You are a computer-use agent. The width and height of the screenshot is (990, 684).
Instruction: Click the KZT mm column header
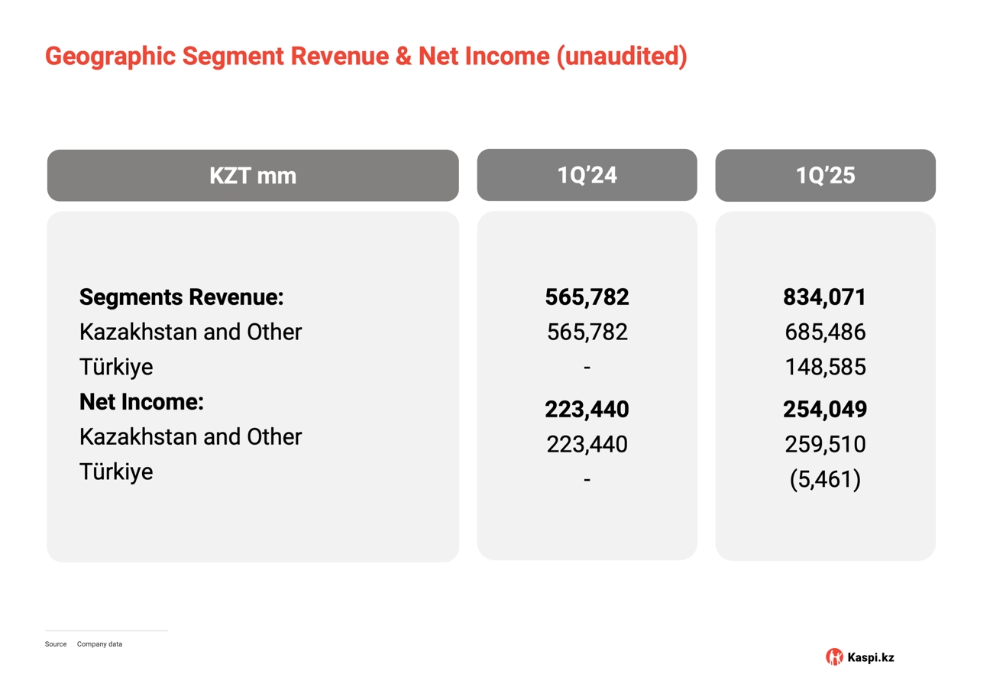253,176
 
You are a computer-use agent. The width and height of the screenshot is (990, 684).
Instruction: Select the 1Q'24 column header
587,175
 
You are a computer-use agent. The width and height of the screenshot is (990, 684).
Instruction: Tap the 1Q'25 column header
825,176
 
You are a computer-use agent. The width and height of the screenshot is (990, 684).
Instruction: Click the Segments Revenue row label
181,297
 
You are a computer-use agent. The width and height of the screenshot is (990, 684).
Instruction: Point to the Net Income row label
141,401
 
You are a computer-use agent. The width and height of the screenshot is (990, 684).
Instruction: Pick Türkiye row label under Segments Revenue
116,367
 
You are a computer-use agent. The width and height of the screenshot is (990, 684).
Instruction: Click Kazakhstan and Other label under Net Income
190,436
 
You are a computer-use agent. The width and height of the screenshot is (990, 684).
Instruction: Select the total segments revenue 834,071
825,297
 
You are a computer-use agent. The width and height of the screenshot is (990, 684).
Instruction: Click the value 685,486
825,332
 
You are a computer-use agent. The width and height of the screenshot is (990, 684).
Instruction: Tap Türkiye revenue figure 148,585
825,367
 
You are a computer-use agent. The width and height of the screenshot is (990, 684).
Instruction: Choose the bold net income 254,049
825,409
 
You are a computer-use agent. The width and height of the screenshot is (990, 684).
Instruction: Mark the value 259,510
825,444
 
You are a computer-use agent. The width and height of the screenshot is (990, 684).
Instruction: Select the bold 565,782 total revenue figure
587,297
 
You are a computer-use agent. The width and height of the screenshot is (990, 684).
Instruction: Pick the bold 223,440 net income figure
587,409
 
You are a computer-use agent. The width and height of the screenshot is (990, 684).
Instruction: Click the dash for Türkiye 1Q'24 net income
587,480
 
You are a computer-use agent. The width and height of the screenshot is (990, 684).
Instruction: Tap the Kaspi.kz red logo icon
834,656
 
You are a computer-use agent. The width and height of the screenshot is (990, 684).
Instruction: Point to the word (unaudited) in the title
621,56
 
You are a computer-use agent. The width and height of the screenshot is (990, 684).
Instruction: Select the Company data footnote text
99,644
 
